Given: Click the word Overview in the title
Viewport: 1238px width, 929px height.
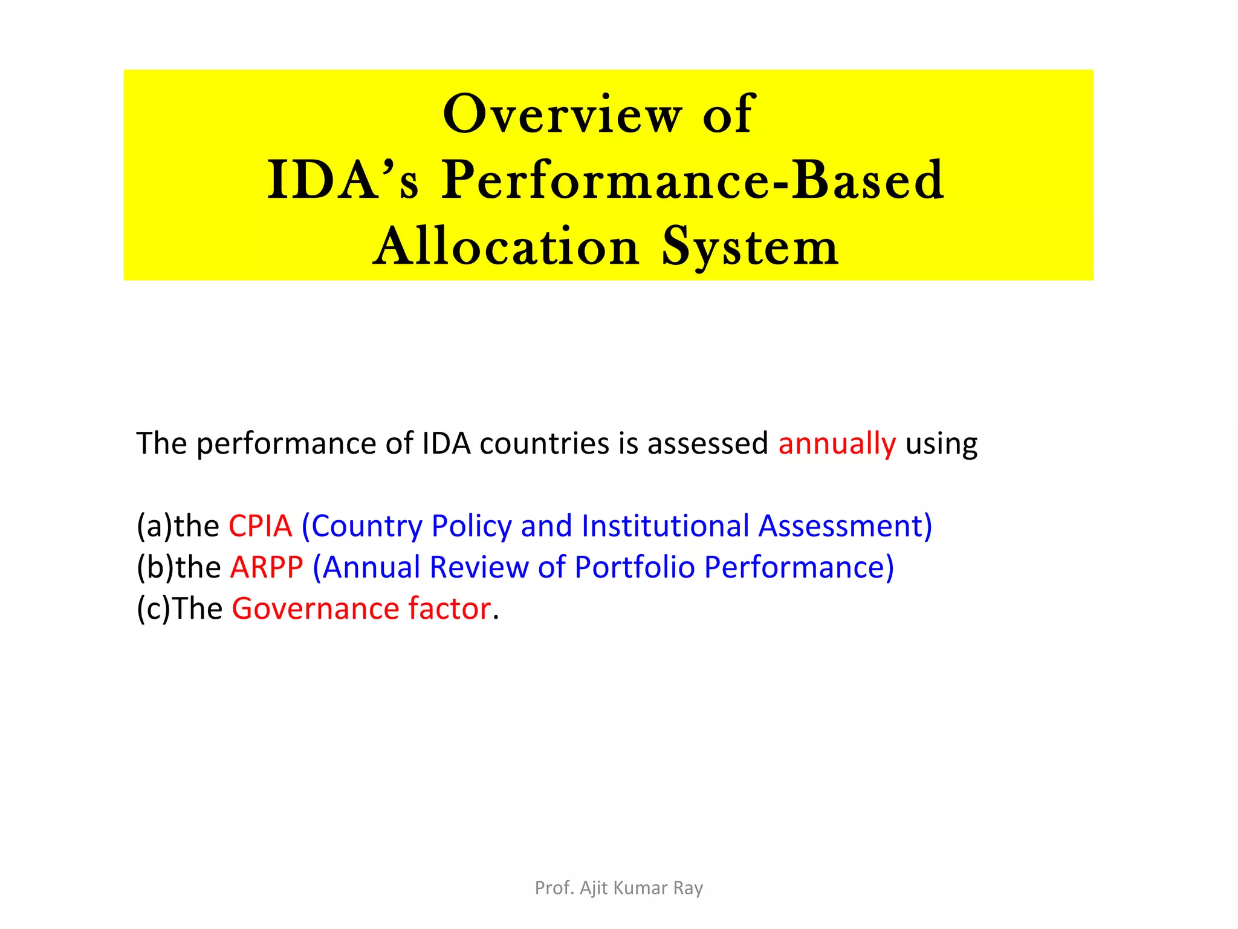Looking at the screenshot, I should pyautogui.click(x=562, y=114).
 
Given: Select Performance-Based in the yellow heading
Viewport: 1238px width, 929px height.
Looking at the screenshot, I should pyautogui.click(x=692, y=180).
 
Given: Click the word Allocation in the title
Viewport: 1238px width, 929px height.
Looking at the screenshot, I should pyautogui.click(x=506, y=247).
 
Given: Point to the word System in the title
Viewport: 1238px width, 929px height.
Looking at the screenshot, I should pyautogui.click(x=750, y=247).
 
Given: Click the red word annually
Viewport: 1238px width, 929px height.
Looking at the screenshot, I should pyautogui.click(x=837, y=443).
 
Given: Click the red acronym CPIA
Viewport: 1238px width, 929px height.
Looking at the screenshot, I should pyautogui.click(x=260, y=526).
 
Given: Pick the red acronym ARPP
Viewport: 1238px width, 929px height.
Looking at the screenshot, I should pyautogui.click(x=267, y=567).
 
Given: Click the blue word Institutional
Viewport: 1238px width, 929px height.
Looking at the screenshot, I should pyautogui.click(x=665, y=526).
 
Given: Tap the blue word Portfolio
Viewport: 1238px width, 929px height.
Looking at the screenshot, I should pyautogui.click(x=634, y=567).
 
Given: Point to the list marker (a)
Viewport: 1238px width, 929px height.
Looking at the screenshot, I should pyautogui.click(x=154, y=526).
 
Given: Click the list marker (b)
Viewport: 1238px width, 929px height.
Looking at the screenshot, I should pyautogui.click(x=155, y=567).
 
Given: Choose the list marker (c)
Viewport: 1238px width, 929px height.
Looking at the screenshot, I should pyautogui.click(x=154, y=608).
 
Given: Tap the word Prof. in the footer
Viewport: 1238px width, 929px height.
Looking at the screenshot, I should pyautogui.click(x=554, y=888).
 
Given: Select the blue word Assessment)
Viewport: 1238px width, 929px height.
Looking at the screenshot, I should pyautogui.click(x=845, y=526).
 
